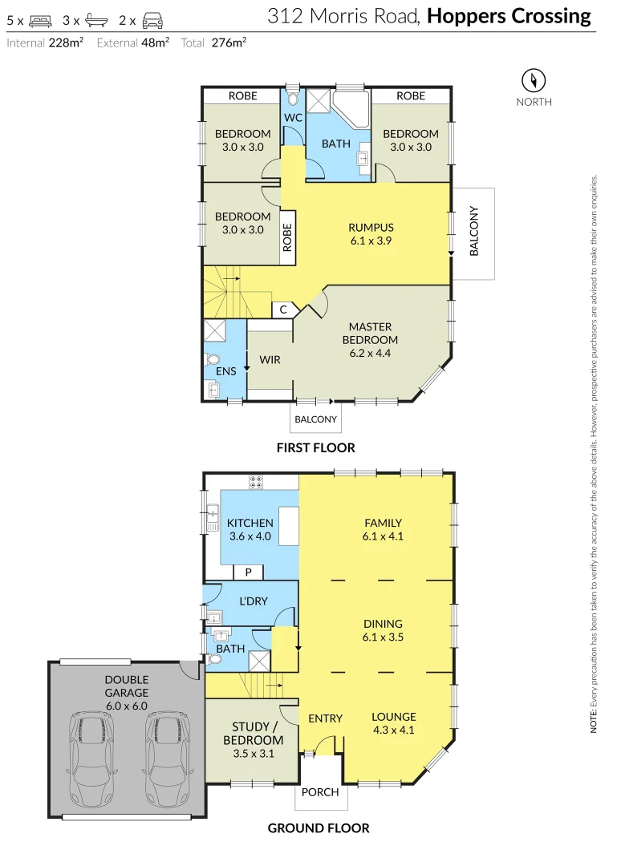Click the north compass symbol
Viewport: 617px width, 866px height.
click(x=534, y=80)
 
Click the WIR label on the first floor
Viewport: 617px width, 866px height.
click(x=270, y=360)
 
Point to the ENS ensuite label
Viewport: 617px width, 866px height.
click(x=226, y=371)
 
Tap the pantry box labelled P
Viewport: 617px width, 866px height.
click(x=249, y=572)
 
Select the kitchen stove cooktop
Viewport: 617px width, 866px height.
click(x=257, y=482)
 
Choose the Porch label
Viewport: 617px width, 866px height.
click(x=320, y=792)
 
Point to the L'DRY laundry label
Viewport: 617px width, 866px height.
click(x=254, y=601)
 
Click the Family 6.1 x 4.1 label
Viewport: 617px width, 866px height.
click(x=382, y=529)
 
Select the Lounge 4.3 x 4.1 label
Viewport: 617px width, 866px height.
click(x=393, y=723)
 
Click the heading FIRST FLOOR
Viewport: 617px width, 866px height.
click(x=315, y=447)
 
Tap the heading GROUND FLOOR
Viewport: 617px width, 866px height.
click(x=318, y=828)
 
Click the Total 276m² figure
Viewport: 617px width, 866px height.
click(x=213, y=43)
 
